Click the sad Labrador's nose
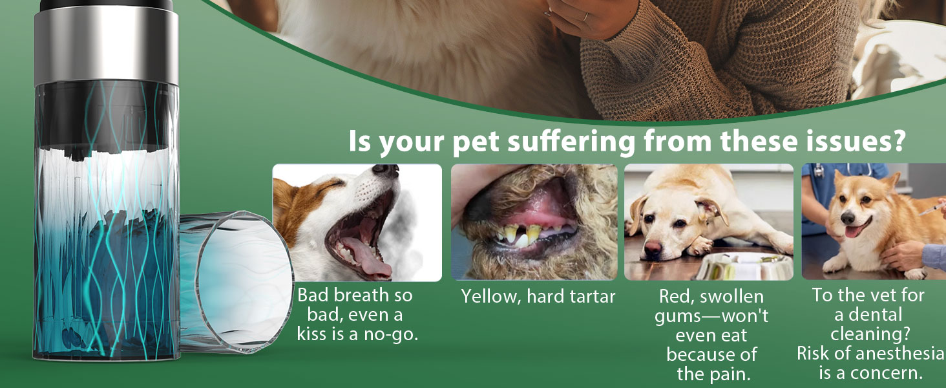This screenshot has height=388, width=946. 653,248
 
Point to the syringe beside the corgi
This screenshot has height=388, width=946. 932,208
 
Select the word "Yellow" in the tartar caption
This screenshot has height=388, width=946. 490,297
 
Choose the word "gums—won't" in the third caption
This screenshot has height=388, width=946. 711,317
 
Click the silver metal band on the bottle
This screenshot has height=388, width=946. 106,46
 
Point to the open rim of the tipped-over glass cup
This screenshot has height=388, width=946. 244,281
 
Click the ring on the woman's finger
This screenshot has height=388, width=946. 585,17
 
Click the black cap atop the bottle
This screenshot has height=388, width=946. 106,5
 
